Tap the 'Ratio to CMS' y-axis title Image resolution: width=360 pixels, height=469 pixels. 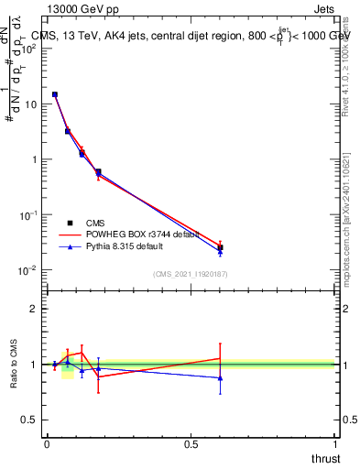click(14, 364)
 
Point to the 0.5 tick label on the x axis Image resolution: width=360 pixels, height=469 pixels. click(191, 444)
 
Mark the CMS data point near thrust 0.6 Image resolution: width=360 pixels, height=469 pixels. click(220, 247)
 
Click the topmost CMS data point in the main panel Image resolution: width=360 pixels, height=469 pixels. click(55, 94)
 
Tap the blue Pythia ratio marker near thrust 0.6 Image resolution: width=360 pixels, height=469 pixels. click(220, 377)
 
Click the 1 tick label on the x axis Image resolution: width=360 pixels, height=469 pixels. click(335, 444)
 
